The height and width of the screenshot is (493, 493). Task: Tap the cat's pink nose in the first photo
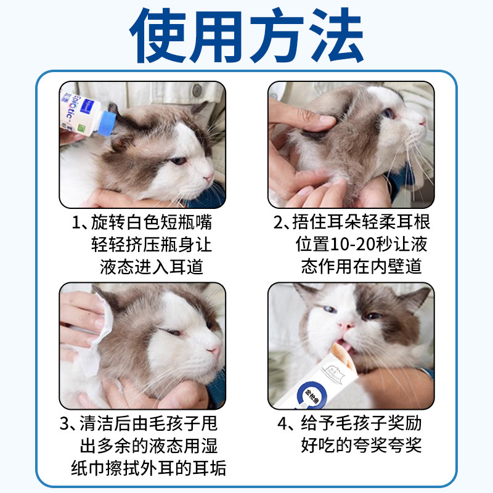click(208, 178)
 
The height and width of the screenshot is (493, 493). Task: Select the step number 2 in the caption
click(279, 223)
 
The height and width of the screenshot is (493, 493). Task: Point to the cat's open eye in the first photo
click(177, 161)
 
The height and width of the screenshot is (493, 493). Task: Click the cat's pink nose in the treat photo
click(346, 324)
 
